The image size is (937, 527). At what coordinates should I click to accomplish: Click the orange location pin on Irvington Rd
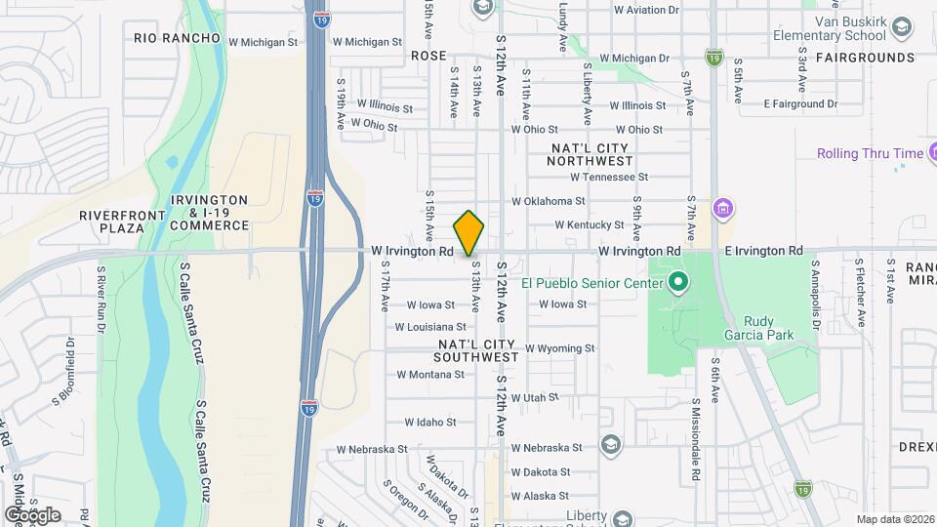(x=468, y=232)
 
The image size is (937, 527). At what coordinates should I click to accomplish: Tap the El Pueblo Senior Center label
(x=592, y=283)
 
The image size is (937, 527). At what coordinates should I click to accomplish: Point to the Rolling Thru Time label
(x=870, y=153)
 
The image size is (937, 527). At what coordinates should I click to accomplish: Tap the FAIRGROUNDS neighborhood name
(x=865, y=58)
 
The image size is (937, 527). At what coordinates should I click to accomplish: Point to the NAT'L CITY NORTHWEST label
(x=591, y=153)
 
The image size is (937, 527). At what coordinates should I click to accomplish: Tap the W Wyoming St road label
(x=560, y=348)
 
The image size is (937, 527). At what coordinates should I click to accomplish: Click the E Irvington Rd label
(x=763, y=251)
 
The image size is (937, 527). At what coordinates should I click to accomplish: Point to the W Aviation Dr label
(x=645, y=11)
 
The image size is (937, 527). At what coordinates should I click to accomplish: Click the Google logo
(x=33, y=514)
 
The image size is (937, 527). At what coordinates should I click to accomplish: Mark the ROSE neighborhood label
(x=428, y=57)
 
